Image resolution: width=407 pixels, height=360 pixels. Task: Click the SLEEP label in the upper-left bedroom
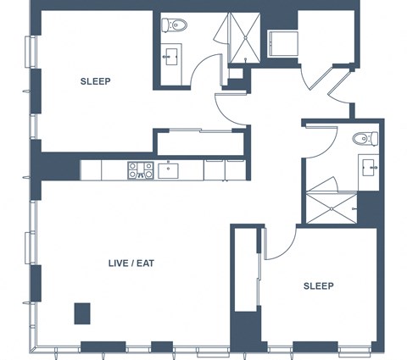[x=95, y=81]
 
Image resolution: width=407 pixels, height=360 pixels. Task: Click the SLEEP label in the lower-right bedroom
[x=319, y=286]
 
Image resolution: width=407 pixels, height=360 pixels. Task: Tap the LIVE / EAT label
[x=131, y=263]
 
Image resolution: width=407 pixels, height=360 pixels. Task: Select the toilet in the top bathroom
[x=174, y=25]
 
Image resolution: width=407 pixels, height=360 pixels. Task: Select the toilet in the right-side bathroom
[x=365, y=138]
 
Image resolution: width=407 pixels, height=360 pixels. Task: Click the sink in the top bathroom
[x=171, y=57]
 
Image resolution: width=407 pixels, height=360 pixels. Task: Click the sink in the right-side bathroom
[x=369, y=168]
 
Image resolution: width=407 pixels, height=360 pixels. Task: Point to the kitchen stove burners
[x=141, y=170]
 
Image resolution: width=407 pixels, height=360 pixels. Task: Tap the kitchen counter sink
[x=168, y=171]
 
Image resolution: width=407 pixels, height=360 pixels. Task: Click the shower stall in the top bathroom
[x=245, y=37]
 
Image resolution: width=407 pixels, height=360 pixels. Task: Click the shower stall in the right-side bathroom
[x=332, y=208]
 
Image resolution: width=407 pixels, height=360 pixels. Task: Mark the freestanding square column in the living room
[x=82, y=313]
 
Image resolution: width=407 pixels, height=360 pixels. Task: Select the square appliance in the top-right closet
[x=283, y=44]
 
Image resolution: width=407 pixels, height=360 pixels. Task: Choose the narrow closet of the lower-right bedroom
[x=246, y=269]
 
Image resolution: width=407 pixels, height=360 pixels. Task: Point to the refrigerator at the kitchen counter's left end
[x=91, y=170]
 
